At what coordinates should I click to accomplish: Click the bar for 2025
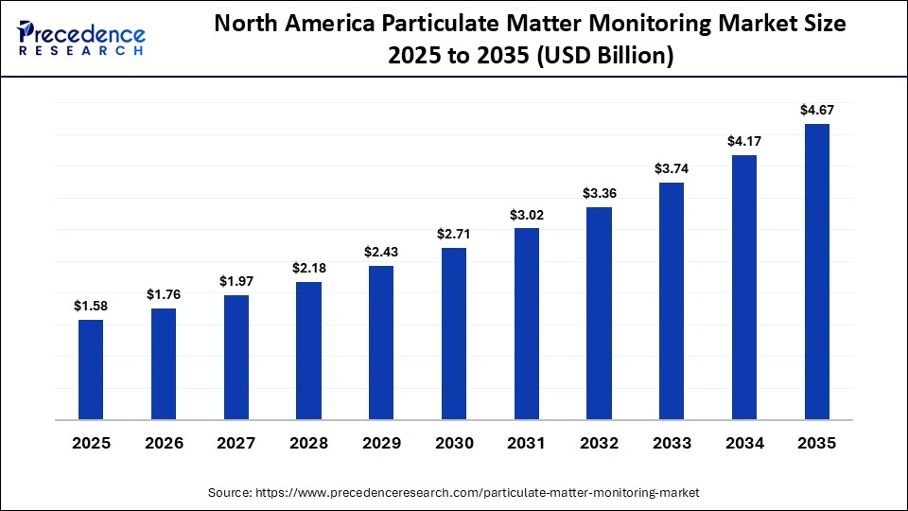(91, 369)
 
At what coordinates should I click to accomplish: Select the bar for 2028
(308, 350)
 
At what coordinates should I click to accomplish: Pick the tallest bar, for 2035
(816, 271)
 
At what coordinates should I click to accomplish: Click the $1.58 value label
(91, 306)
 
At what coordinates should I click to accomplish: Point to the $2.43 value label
(381, 252)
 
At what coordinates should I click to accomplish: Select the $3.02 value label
(526, 215)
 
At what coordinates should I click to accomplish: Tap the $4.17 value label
(743, 141)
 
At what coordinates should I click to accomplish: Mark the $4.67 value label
(816, 111)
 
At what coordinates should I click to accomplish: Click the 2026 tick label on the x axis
(163, 444)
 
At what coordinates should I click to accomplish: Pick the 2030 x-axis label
(453, 444)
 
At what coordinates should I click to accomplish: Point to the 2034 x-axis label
(743, 444)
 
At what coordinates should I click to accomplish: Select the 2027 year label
(236, 444)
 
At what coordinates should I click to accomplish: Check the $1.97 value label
(236, 281)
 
